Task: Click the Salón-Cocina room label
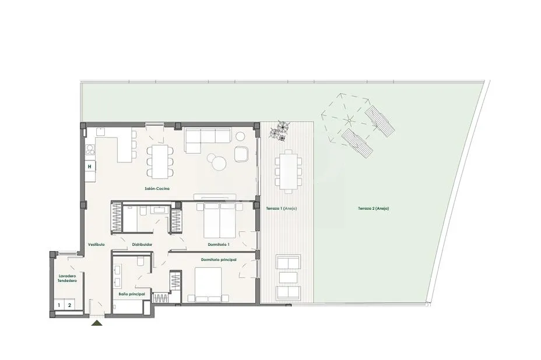pos(157,189)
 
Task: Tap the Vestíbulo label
pos(96,245)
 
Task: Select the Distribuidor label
pos(142,245)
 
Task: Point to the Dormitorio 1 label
pos(219,245)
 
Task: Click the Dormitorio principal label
pos(219,260)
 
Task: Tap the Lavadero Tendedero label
pos(67,278)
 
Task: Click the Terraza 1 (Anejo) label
pos(281,209)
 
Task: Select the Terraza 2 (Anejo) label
pos(373,209)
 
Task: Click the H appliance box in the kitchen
pos(90,167)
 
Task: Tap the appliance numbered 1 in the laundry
pos(59,305)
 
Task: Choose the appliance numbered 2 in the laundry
pos(69,305)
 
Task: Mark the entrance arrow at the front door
pos(97,323)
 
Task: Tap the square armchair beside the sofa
pos(241,154)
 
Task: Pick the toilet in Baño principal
pos(141,261)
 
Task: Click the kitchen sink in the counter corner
pos(100,132)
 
